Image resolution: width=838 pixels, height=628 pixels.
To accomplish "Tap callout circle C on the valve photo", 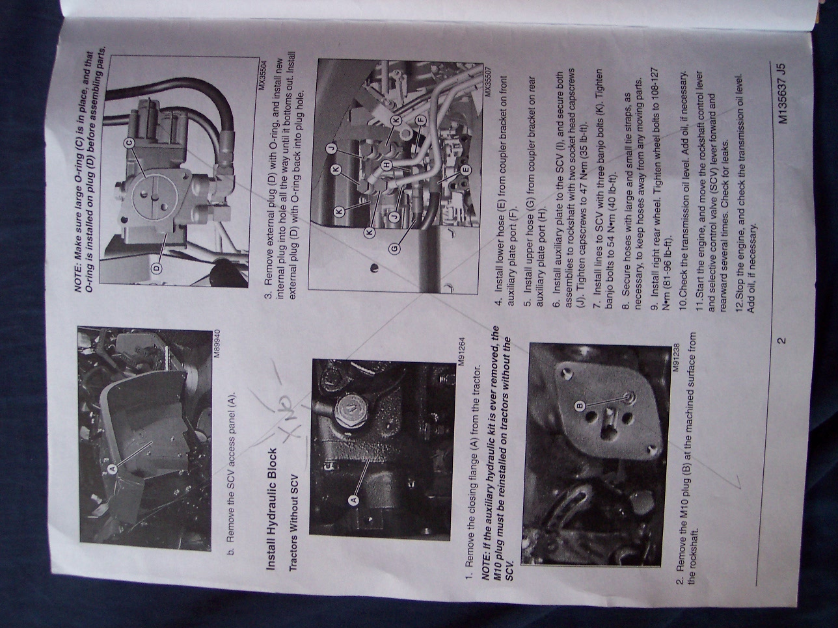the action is pyautogui.click(x=129, y=142).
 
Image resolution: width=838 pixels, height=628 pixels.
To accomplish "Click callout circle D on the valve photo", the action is pyautogui.click(x=157, y=268).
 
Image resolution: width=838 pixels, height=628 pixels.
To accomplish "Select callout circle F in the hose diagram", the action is pyautogui.click(x=420, y=120).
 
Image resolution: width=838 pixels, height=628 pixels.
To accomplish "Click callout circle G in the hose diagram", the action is pyautogui.click(x=395, y=249).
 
